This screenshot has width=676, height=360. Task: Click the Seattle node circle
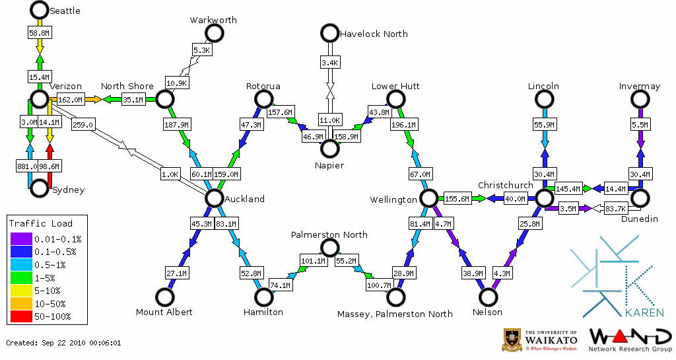40,10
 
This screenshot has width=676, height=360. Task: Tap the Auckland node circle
214,198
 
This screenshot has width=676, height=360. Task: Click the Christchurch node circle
544,198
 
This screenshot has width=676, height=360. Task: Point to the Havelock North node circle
329,33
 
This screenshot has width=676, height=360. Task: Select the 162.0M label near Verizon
71,100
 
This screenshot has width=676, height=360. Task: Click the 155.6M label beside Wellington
457,199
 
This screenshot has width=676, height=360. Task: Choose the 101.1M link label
314,260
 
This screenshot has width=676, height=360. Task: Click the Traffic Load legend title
41,223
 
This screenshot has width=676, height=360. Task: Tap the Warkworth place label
213,20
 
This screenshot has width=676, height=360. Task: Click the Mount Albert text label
164,312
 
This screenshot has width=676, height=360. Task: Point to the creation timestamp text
63,343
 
